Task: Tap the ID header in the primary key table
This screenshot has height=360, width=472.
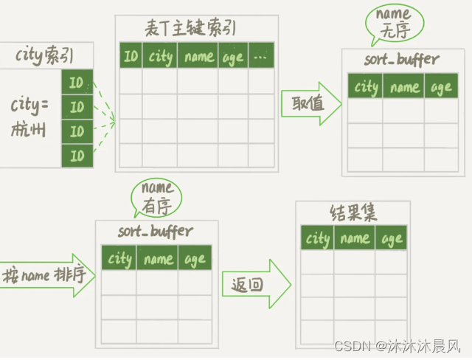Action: pos(131,55)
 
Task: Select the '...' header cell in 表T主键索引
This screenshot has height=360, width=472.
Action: pos(260,56)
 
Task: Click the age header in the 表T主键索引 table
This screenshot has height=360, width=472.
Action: pos(232,56)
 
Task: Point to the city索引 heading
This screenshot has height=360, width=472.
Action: pos(44,55)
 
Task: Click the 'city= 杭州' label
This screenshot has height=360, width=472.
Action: pos(29,118)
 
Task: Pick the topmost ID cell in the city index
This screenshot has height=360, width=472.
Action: pos(77,83)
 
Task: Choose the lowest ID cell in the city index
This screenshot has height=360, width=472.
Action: pos(77,155)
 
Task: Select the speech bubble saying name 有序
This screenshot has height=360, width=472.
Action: pos(156,197)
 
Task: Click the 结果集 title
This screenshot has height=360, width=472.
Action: pos(353,214)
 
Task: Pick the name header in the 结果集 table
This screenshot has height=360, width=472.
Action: pos(355,238)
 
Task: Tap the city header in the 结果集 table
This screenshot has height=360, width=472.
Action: pos(317,238)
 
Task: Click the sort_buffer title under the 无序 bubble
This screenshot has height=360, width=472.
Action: pos(401,59)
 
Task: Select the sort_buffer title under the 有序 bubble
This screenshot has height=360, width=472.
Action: pos(156,232)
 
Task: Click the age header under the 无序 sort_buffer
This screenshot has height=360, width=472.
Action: pos(441,87)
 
